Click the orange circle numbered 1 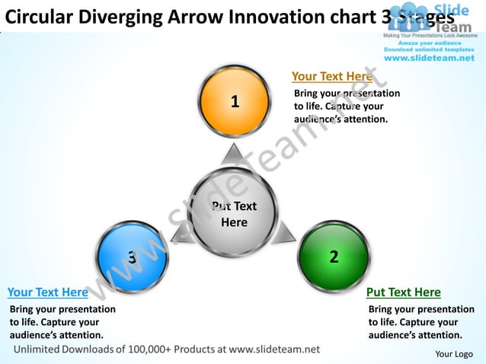click(235, 101)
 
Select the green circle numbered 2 click(333, 257)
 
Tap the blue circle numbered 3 click(133, 257)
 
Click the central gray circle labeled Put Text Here click(234, 214)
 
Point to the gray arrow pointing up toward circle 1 click(232, 155)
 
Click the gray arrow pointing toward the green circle click(285, 232)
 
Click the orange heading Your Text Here click(331, 76)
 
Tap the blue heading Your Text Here click(47, 292)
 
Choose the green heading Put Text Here click(403, 292)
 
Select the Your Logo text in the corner click(453, 354)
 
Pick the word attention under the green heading click(437, 335)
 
